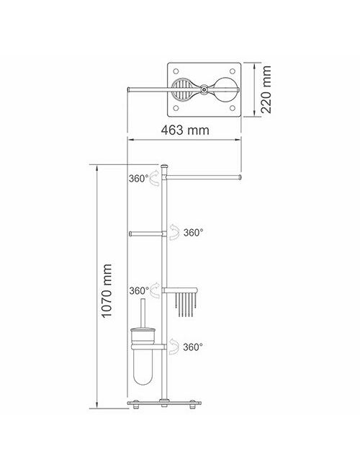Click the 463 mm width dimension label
coord(185,130)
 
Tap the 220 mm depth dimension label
coord(266,89)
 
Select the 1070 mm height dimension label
coord(107,291)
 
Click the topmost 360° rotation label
coord(139,179)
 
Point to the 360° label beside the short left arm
coord(193,232)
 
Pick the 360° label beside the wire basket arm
coord(139,291)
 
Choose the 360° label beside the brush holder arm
coord(193,347)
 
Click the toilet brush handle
coord(143,313)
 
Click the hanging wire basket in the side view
coord(185,305)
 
